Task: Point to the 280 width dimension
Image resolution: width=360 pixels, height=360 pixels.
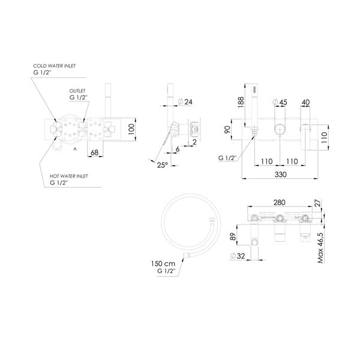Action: click(x=280, y=203)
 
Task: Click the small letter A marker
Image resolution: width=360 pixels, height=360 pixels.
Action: click(x=74, y=147)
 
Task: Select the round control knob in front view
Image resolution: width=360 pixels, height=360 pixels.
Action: click(x=280, y=130)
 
